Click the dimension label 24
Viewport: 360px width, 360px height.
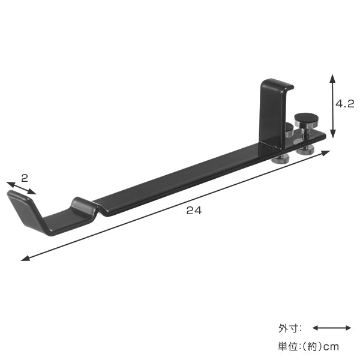tap(194, 210)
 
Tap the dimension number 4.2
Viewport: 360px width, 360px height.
tap(345, 104)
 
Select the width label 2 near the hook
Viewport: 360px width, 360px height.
tap(25, 178)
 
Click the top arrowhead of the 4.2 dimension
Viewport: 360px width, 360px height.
tap(332, 78)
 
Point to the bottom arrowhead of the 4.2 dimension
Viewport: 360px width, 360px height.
tap(332, 134)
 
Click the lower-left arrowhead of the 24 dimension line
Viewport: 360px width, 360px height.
tap(25, 258)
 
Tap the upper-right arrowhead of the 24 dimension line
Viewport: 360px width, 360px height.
tap(325, 153)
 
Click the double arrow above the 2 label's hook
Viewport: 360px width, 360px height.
tap(21, 188)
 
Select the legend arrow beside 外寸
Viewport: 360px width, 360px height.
tap(332, 328)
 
